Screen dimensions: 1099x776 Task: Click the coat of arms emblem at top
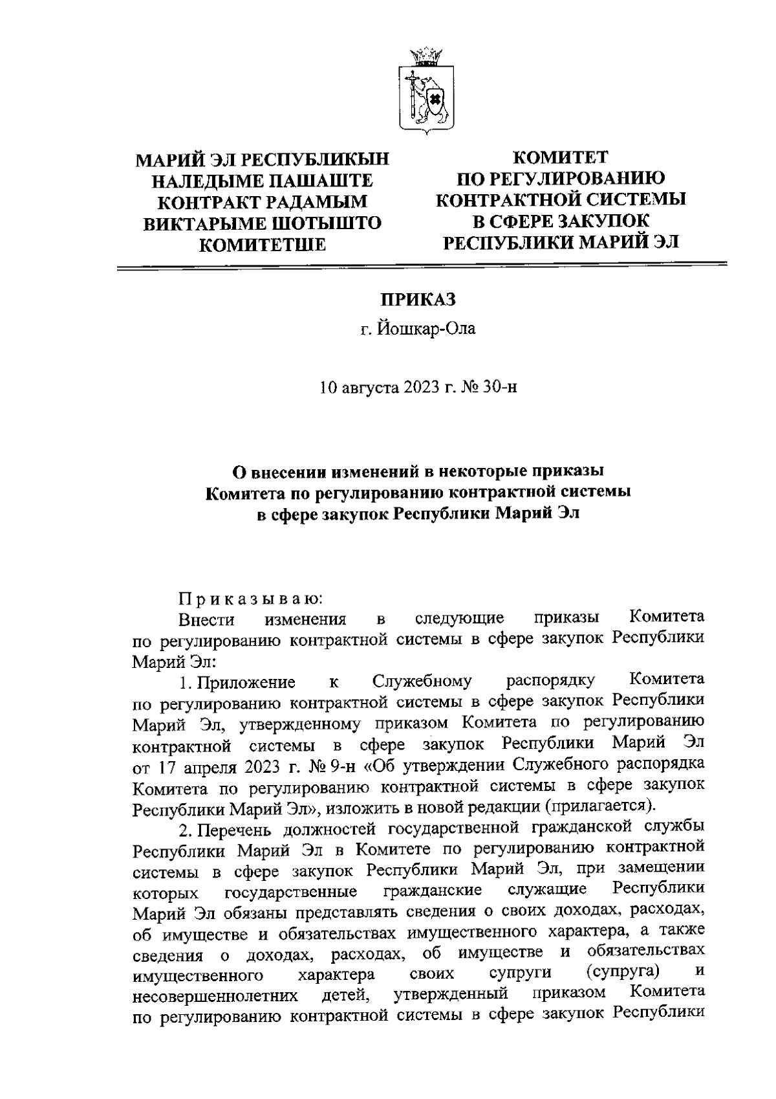427,91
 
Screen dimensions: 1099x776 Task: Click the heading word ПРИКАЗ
418,300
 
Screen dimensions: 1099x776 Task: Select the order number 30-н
502,388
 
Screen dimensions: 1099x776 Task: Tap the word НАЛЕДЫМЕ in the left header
211,180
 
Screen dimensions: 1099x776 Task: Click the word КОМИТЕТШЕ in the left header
262,245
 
